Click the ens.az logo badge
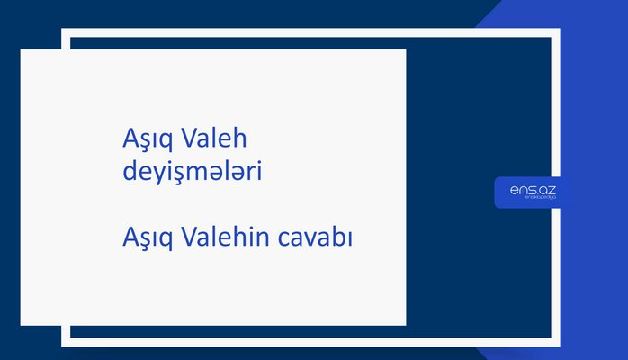[x=533, y=192]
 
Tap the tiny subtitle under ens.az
[x=534, y=198]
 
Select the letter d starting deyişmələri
[x=129, y=169]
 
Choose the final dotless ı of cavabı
[x=348, y=239]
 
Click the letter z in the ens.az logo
[x=552, y=189]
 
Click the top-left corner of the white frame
[x=65, y=32]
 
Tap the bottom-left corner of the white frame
[x=65, y=342]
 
